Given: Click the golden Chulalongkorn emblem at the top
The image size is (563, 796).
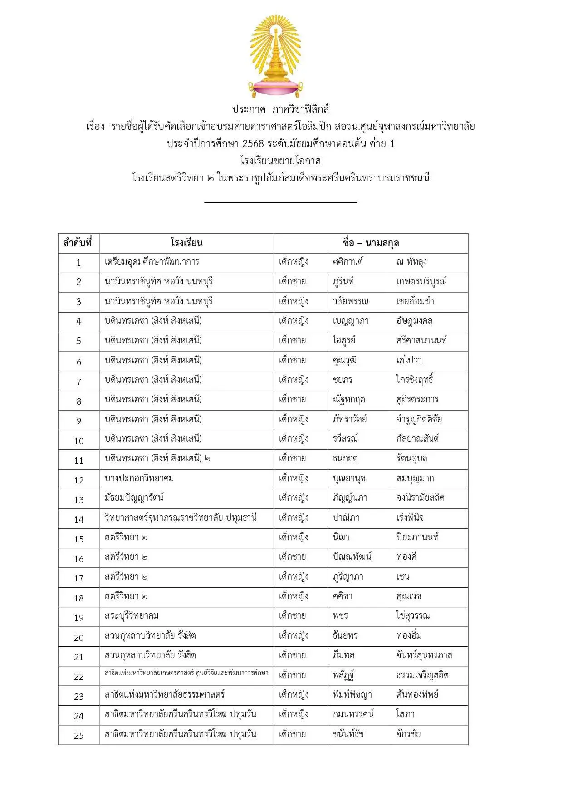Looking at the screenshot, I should coord(275,55).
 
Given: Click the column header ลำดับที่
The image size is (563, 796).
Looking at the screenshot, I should coord(78,243).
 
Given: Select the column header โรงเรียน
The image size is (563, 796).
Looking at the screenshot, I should coord(186,243).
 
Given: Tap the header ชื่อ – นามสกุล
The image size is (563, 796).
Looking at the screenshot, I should coord(371,243).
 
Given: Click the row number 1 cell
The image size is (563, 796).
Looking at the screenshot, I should coord(78,263).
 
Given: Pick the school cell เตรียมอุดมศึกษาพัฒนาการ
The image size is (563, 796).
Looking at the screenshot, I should coord(152,262).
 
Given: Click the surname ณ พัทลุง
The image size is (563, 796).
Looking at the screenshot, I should coord(411,262).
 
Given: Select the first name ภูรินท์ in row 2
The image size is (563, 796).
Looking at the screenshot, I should coord(343,282).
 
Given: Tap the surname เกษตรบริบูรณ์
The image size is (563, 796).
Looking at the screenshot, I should coord(421,282).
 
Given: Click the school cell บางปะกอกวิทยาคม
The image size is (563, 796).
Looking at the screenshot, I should coord(139,479).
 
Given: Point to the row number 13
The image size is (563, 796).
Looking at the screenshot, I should coord(79,500).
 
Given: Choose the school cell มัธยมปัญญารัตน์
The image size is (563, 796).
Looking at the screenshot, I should coord(134,498).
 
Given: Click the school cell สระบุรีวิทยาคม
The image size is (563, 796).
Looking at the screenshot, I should coord(132,616).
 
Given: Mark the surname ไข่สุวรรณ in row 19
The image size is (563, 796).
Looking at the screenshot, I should coord(413,616).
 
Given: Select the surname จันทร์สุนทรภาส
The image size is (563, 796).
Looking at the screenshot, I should coord(424,655).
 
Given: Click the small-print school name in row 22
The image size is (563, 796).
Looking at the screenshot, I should coord(186,673).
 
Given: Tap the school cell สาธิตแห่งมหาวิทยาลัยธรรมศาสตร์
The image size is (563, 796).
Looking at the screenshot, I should coord(165,694).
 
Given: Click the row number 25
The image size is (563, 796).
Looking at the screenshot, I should coord(79,736).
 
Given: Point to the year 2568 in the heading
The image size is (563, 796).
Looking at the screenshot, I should coord(253,144).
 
